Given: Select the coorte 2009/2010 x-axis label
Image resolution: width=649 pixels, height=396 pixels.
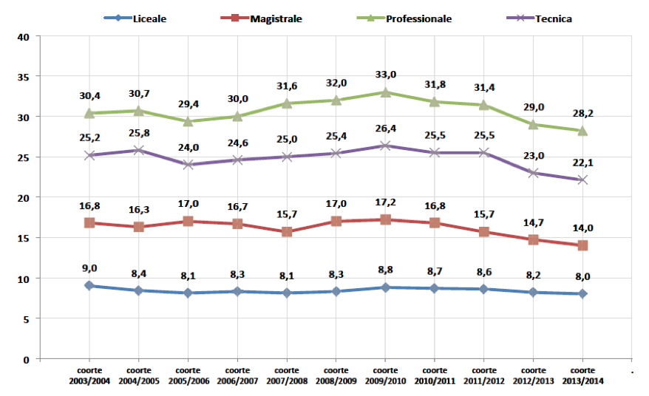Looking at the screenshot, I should coord(385,375).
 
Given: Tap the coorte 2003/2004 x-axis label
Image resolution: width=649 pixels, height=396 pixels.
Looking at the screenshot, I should coord(89,375).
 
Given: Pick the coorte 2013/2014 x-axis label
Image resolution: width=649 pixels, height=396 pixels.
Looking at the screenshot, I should coord(582,375).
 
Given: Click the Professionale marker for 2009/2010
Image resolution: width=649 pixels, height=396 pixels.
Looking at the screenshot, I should coord(385,92).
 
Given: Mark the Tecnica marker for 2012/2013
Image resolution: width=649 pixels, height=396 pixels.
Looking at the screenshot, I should coord(533,173).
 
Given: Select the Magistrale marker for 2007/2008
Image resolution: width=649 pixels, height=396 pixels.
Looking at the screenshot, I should coord(286,232).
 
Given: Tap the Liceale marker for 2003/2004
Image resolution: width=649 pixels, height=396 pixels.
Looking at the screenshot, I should coord(89,286).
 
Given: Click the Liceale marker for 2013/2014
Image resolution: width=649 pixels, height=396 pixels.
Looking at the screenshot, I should coord(582,294).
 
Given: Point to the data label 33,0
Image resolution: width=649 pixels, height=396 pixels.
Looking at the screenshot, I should coord(385,75).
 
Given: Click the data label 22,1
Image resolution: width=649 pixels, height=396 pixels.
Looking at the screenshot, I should coord(582,163).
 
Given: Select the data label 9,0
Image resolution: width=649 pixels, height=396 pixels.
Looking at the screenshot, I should coord(89,268).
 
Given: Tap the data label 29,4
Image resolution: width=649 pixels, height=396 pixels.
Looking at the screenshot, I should coord(188,104).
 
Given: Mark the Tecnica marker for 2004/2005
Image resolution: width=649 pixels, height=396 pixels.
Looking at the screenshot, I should coord(138,151).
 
